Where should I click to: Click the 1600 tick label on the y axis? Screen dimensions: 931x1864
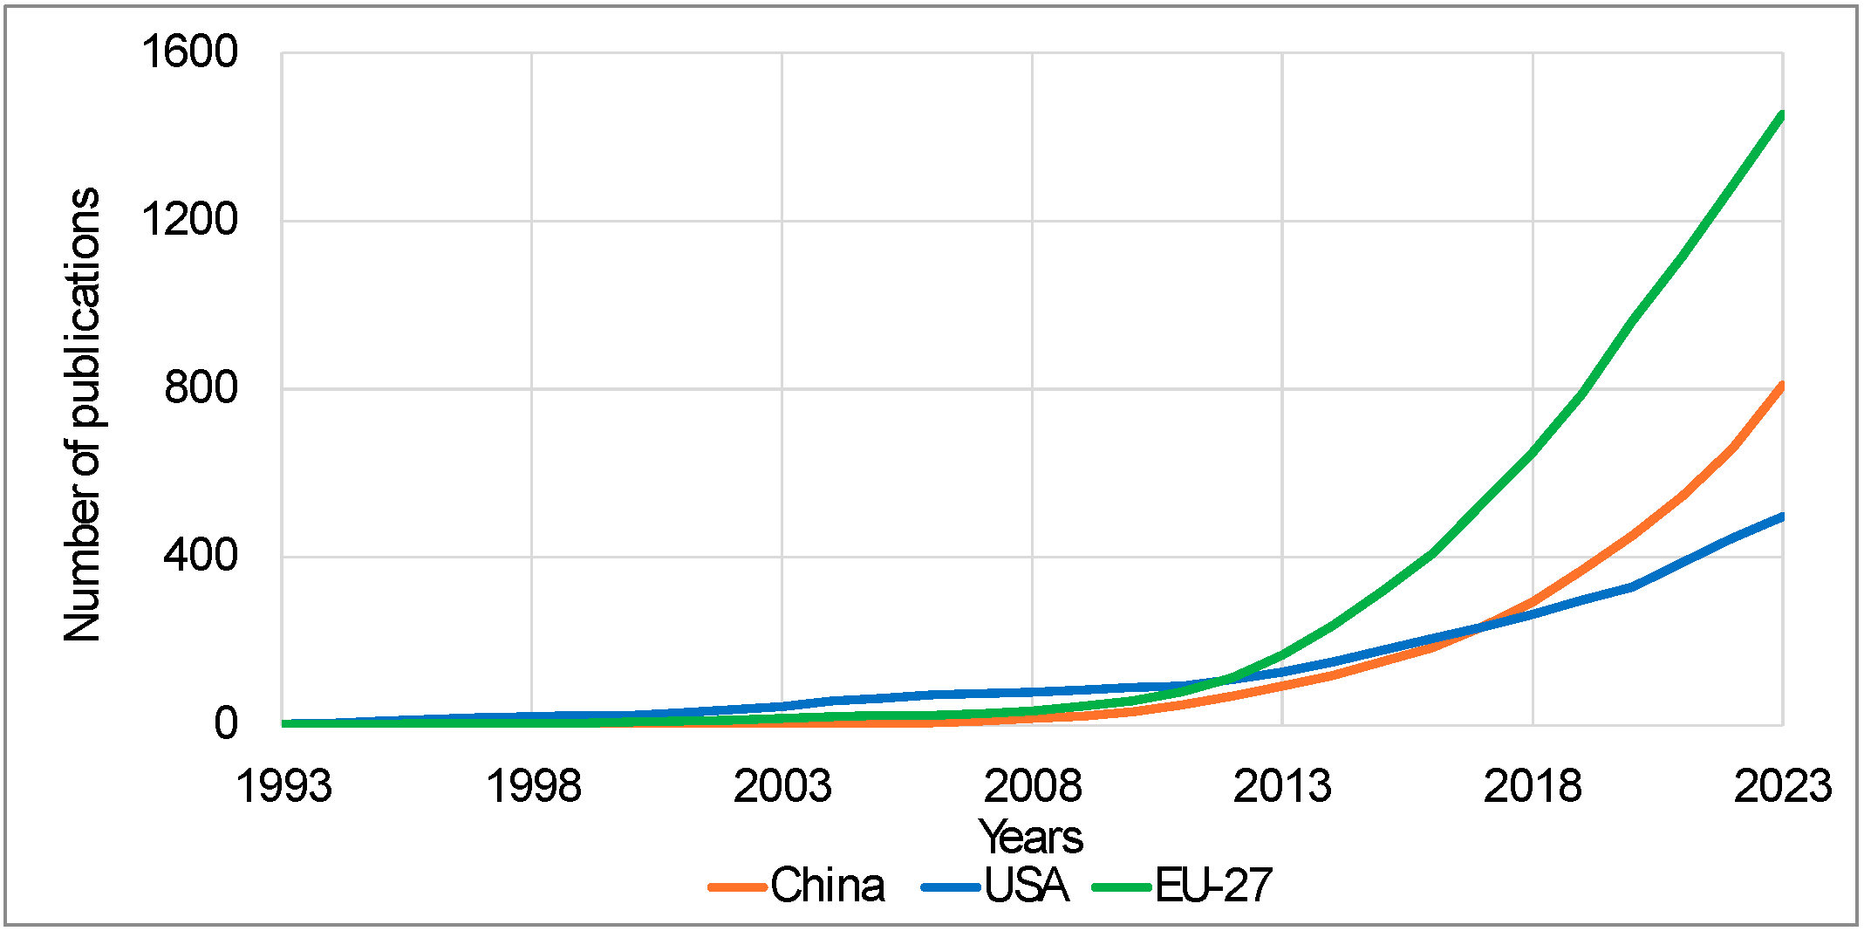click(189, 52)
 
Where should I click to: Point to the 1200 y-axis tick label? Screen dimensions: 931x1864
click(189, 219)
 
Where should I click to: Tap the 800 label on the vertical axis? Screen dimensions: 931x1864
click(201, 387)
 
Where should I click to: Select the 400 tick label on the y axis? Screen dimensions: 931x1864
click(201, 555)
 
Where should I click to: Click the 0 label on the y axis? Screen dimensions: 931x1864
click(226, 723)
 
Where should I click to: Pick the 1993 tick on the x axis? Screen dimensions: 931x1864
click(284, 786)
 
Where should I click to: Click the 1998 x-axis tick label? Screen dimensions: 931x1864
click(533, 786)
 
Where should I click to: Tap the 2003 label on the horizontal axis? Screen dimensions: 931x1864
click(782, 786)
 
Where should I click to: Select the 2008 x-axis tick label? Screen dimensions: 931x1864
click(1033, 786)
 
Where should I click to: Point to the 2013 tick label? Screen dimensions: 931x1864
click(1282, 786)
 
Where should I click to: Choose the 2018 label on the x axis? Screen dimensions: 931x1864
click(1533, 786)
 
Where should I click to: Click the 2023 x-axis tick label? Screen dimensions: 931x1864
click(1782, 786)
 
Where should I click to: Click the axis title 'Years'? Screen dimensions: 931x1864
click(1031, 837)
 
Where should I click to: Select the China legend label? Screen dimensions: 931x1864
click(827, 886)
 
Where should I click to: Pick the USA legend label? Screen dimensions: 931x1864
click(1027, 886)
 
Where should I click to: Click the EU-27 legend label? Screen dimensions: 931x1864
click(1213, 886)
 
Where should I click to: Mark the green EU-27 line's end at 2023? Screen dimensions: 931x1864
click(1782, 115)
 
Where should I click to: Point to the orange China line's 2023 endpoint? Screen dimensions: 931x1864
click(1782, 385)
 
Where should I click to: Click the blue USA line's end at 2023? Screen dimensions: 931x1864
click(1782, 517)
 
